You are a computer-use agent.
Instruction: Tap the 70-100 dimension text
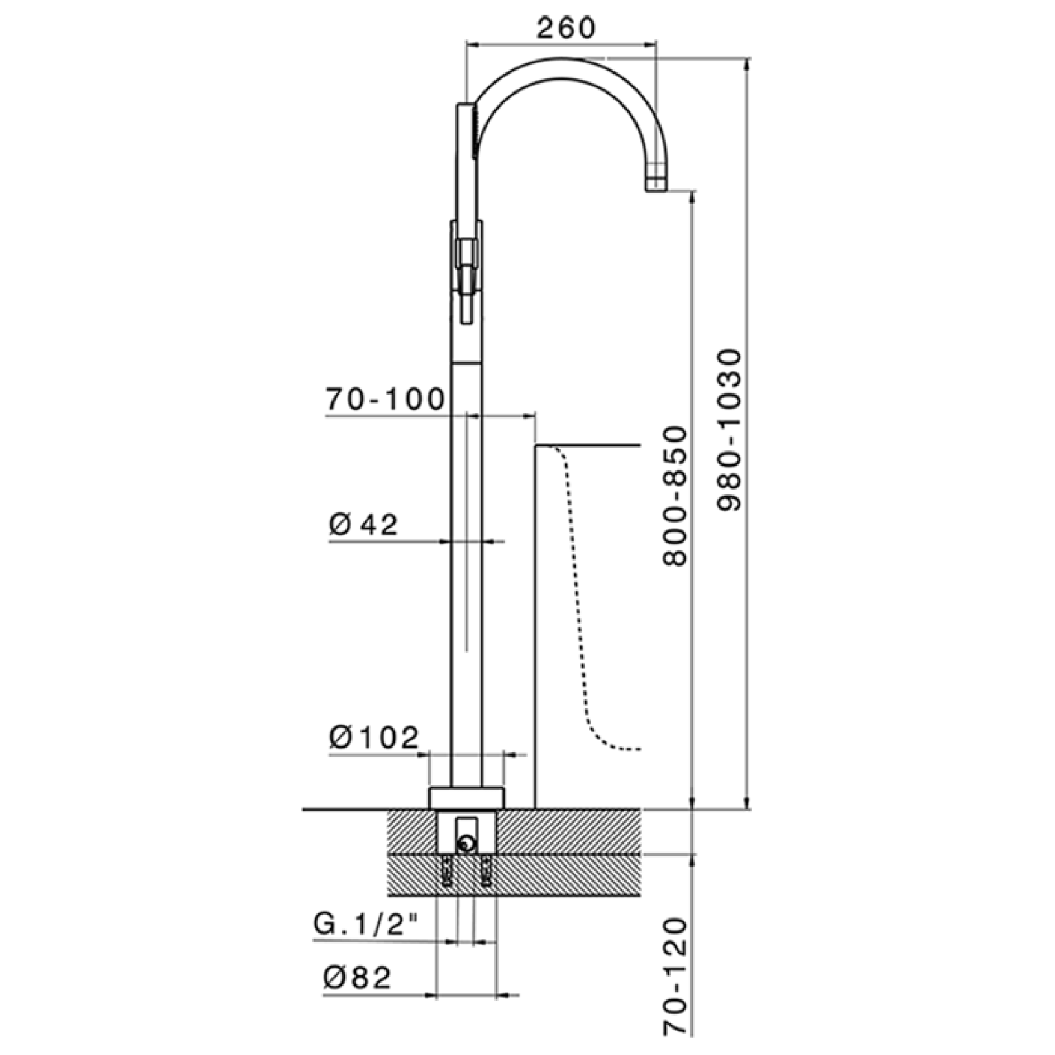point(386,400)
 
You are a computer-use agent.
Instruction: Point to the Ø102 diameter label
point(374,738)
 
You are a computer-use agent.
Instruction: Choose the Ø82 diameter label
point(357,977)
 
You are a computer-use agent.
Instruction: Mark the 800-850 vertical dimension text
point(675,496)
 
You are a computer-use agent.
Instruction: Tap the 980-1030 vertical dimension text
point(729,430)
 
